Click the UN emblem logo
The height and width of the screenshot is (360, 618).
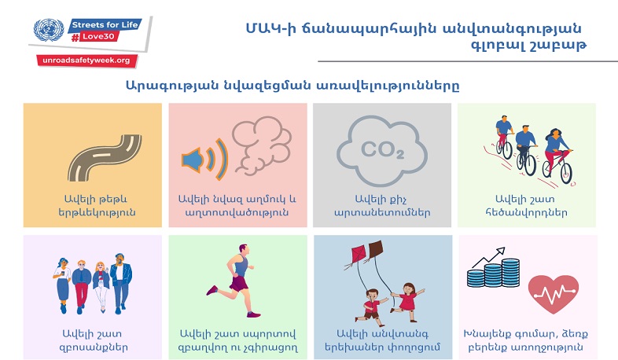(x=48, y=31)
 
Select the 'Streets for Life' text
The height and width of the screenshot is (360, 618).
(x=100, y=24)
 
